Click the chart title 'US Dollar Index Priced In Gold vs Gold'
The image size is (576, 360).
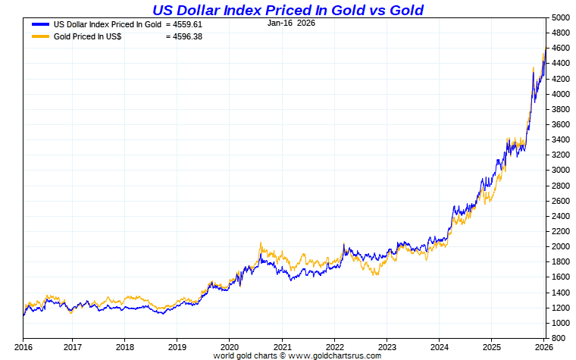pos(288,10)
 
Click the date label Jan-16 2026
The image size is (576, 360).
pos(291,23)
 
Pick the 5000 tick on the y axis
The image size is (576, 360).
pos(561,17)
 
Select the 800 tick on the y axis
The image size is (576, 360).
pos(559,338)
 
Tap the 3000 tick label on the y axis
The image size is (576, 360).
pos(561,170)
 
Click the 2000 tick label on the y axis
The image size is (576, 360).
pos(561,246)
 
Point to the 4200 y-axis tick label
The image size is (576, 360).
pos(561,79)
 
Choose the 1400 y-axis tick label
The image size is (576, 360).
pos(561,292)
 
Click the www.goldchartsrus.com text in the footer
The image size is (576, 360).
pos(334,355)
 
